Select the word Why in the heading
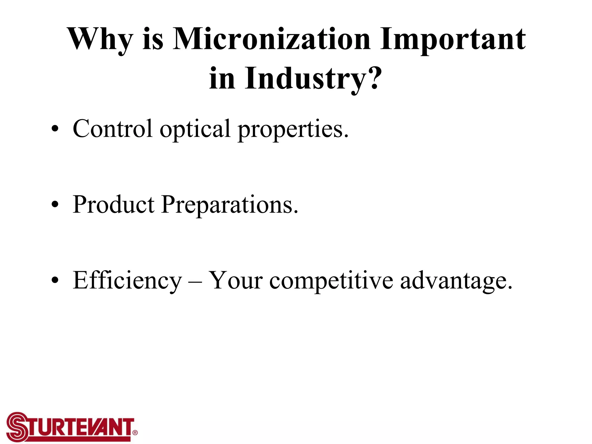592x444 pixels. point(100,40)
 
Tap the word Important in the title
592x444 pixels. point(452,40)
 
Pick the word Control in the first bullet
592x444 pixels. point(112,129)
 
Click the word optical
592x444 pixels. point(195,129)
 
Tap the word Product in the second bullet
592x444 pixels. point(114,205)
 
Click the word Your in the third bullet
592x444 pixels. point(236,280)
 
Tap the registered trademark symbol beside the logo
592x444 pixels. point(135,432)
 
